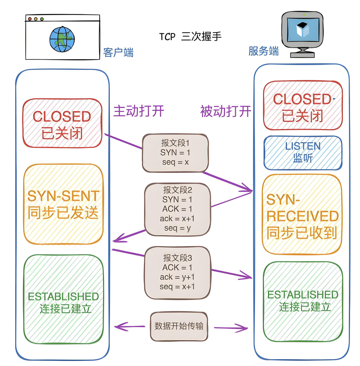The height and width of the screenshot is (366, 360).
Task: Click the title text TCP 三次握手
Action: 190,36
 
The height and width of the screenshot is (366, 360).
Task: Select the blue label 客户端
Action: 118,52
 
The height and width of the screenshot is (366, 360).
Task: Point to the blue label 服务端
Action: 264,51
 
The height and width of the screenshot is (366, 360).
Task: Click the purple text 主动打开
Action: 139,111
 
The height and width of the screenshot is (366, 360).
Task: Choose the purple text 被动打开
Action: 226,111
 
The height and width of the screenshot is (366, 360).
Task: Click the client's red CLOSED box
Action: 62,124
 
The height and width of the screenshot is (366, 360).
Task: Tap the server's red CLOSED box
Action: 303,106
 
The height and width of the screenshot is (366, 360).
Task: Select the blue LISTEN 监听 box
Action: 303,152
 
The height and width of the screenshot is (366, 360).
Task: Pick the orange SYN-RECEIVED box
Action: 302,215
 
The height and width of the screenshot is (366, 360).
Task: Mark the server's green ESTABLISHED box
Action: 303,300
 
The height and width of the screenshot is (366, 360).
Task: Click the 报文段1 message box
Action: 175,153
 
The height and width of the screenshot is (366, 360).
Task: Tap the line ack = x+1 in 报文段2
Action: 177,219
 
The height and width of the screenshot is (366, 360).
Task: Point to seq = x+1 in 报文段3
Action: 177,287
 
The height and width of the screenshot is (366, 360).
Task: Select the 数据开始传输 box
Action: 179,326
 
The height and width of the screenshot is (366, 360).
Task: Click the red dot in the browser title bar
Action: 30,19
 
